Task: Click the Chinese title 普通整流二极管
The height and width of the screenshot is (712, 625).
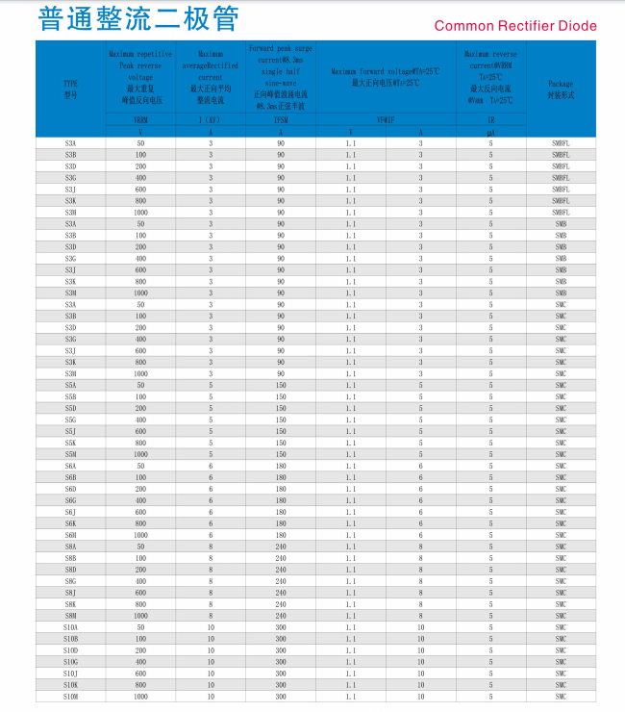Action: pyautogui.click(x=138, y=19)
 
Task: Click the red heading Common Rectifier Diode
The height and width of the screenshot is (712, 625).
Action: pyautogui.click(x=515, y=26)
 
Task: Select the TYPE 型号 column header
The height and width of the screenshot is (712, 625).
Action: pyautogui.click(x=70, y=89)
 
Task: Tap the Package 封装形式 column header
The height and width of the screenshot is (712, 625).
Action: pyautogui.click(x=561, y=89)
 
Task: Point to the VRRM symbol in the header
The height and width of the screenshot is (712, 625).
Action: pyautogui.click(x=140, y=120)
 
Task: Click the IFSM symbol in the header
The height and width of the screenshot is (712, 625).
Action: pyautogui.click(x=281, y=120)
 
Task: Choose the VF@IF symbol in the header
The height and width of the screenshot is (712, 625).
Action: pyautogui.click(x=385, y=120)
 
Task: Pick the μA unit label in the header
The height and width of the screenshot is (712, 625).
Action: pyautogui.click(x=490, y=132)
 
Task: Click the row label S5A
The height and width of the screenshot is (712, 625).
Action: pyautogui.click(x=70, y=385)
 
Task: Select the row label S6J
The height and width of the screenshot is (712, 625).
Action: pyautogui.click(x=70, y=512)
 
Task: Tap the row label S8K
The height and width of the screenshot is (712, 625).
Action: pyautogui.click(x=70, y=604)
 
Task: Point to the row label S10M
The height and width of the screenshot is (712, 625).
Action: pyautogui.click(x=70, y=697)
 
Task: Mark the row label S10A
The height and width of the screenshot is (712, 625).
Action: pyautogui.click(x=70, y=627)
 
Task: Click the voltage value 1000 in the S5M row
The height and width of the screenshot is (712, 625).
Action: pyautogui.click(x=140, y=454)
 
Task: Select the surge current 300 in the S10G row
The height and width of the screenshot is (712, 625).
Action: pyautogui.click(x=281, y=662)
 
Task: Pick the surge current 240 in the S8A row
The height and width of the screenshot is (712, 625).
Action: pyautogui.click(x=281, y=547)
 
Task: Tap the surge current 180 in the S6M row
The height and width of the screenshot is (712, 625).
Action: pyautogui.click(x=281, y=535)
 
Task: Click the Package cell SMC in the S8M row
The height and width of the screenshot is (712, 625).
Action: pyautogui.click(x=561, y=616)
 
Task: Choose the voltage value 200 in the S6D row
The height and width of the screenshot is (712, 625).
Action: pyautogui.click(x=140, y=489)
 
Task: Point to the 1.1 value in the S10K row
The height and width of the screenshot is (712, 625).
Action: pyautogui.click(x=350, y=685)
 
